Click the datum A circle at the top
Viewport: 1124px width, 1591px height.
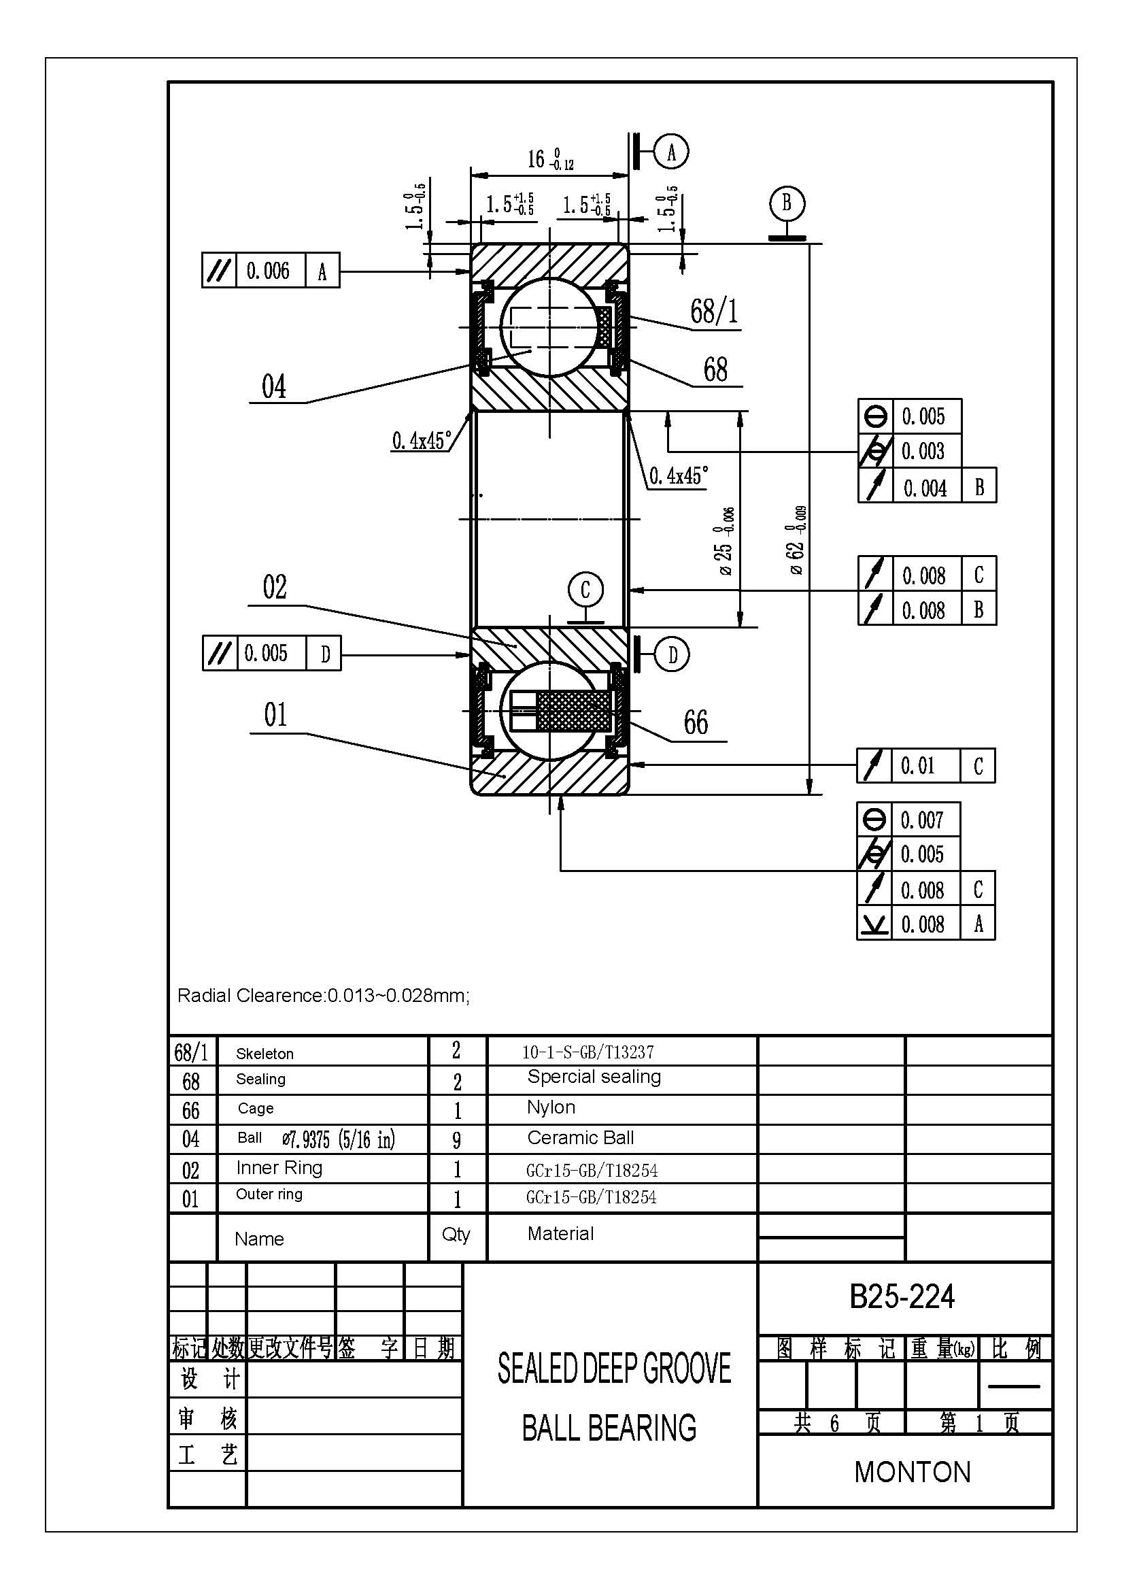671,151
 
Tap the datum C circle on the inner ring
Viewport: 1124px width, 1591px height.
585,590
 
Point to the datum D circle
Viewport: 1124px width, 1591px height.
672,655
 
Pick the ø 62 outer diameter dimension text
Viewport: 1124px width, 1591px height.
797,540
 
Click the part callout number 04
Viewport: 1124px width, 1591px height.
273,386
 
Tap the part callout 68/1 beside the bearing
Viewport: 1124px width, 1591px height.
714,311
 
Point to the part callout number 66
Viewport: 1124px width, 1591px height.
696,723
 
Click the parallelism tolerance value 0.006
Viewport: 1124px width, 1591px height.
268,270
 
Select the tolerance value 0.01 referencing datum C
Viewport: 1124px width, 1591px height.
917,766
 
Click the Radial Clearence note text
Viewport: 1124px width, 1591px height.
324,996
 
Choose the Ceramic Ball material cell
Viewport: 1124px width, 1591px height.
580,1138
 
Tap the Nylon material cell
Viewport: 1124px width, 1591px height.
551,1107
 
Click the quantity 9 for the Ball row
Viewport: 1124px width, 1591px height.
456,1140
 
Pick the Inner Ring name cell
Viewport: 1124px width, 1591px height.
279,1169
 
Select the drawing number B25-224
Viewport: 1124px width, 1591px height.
902,1296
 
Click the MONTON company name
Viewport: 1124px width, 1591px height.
913,1473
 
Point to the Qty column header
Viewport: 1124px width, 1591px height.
456,1234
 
